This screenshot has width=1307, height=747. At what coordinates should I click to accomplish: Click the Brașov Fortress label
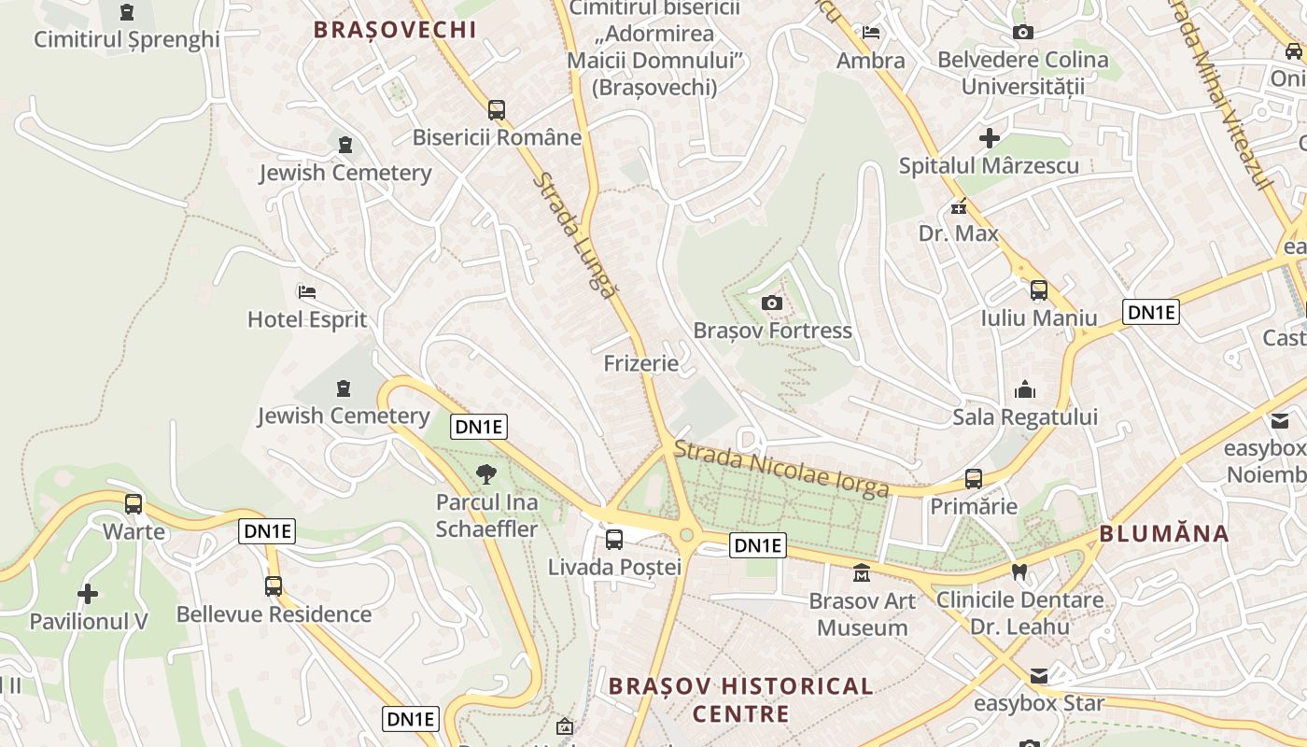(x=772, y=331)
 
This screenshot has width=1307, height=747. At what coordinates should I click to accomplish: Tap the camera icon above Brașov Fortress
(x=772, y=303)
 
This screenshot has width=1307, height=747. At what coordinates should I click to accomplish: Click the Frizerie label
(x=641, y=363)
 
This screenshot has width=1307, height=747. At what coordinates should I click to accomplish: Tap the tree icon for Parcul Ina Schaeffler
(x=485, y=474)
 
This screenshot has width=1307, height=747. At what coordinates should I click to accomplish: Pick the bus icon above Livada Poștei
(x=614, y=539)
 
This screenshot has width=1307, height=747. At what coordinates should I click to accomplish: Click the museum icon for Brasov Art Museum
(x=862, y=572)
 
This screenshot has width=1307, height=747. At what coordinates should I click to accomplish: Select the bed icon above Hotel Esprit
(x=307, y=292)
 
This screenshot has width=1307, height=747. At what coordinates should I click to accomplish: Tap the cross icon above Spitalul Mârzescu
(x=989, y=139)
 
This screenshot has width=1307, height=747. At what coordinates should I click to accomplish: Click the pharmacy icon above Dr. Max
(x=958, y=206)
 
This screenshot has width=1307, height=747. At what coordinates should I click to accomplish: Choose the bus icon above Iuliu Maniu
(x=1039, y=290)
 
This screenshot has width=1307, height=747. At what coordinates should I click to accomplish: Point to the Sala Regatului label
(x=1025, y=416)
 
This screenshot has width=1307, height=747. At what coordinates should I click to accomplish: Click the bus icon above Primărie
(x=974, y=479)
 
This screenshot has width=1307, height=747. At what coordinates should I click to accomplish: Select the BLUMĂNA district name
(x=1164, y=534)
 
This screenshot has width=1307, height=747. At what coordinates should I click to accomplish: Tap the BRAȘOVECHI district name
(x=395, y=29)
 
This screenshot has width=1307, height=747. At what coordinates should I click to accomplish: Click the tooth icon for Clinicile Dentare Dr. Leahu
(x=1019, y=571)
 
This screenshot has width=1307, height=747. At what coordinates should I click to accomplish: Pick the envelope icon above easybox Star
(x=1039, y=676)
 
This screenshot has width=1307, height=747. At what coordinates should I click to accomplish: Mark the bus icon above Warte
(x=134, y=504)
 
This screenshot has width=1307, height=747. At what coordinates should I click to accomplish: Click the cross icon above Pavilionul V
(x=88, y=594)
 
